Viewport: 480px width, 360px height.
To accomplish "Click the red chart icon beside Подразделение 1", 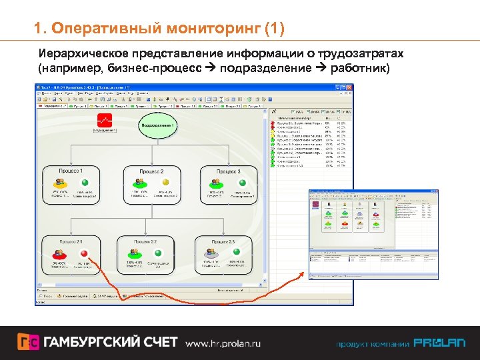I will [x=104, y=121].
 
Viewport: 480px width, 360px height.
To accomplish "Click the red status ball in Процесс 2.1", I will [x=84, y=254].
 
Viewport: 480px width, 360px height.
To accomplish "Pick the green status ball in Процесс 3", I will [x=243, y=183].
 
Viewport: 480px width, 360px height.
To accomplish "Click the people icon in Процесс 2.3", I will [x=211, y=254].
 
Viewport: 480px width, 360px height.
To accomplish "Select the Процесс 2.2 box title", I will [x=145, y=241].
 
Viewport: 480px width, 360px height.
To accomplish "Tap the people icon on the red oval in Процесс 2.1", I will [x=59, y=254].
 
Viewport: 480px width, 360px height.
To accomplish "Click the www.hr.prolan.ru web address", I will [x=223, y=343].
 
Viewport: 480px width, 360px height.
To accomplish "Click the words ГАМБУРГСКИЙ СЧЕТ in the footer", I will [x=110, y=343].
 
